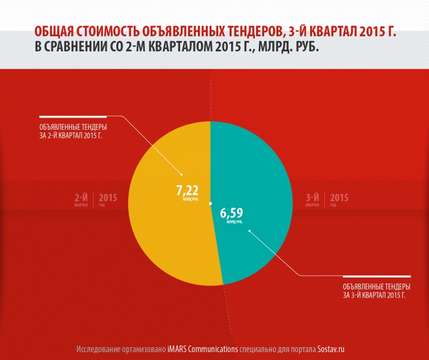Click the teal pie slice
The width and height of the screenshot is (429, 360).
pos(257,171)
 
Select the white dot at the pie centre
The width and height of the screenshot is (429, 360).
pos(210,203)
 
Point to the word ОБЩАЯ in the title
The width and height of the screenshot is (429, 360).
pos(55,32)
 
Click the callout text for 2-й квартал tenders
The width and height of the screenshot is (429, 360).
pos(69,131)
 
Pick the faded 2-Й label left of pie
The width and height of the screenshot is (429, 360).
pos(81,198)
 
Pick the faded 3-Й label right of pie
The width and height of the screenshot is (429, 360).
pos(313,198)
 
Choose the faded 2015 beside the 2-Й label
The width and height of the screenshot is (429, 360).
pos(108,198)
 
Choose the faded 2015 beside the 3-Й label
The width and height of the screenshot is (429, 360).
pos(339,198)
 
